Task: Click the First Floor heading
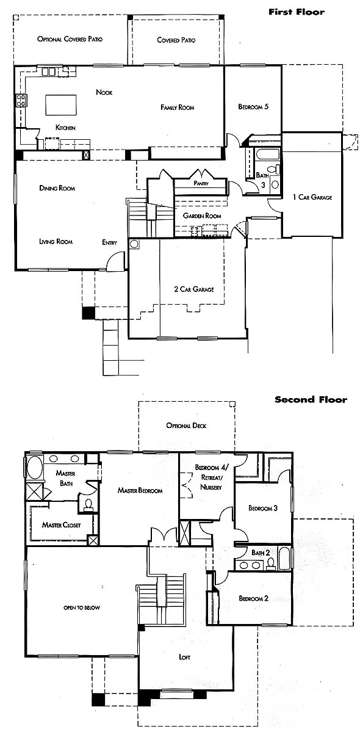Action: tap(297, 12)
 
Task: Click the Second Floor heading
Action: tap(311, 399)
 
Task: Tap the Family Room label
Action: tap(178, 107)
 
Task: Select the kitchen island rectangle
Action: tap(61, 104)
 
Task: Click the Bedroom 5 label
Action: tap(254, 107)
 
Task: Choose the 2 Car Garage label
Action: tap(193, 289)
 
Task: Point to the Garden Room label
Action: tap(202, 216)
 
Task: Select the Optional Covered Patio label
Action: tap(70, 39)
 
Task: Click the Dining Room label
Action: tap(57, 188)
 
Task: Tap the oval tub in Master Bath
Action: tap(35, 467)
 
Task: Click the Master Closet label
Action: tap(61, 525)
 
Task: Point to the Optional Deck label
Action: tap(186, 426)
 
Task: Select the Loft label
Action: tap(185, 657)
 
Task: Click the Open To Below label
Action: tap(82, 607)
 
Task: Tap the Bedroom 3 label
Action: tap(263, 508)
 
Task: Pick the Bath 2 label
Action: tap(261, 553)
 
